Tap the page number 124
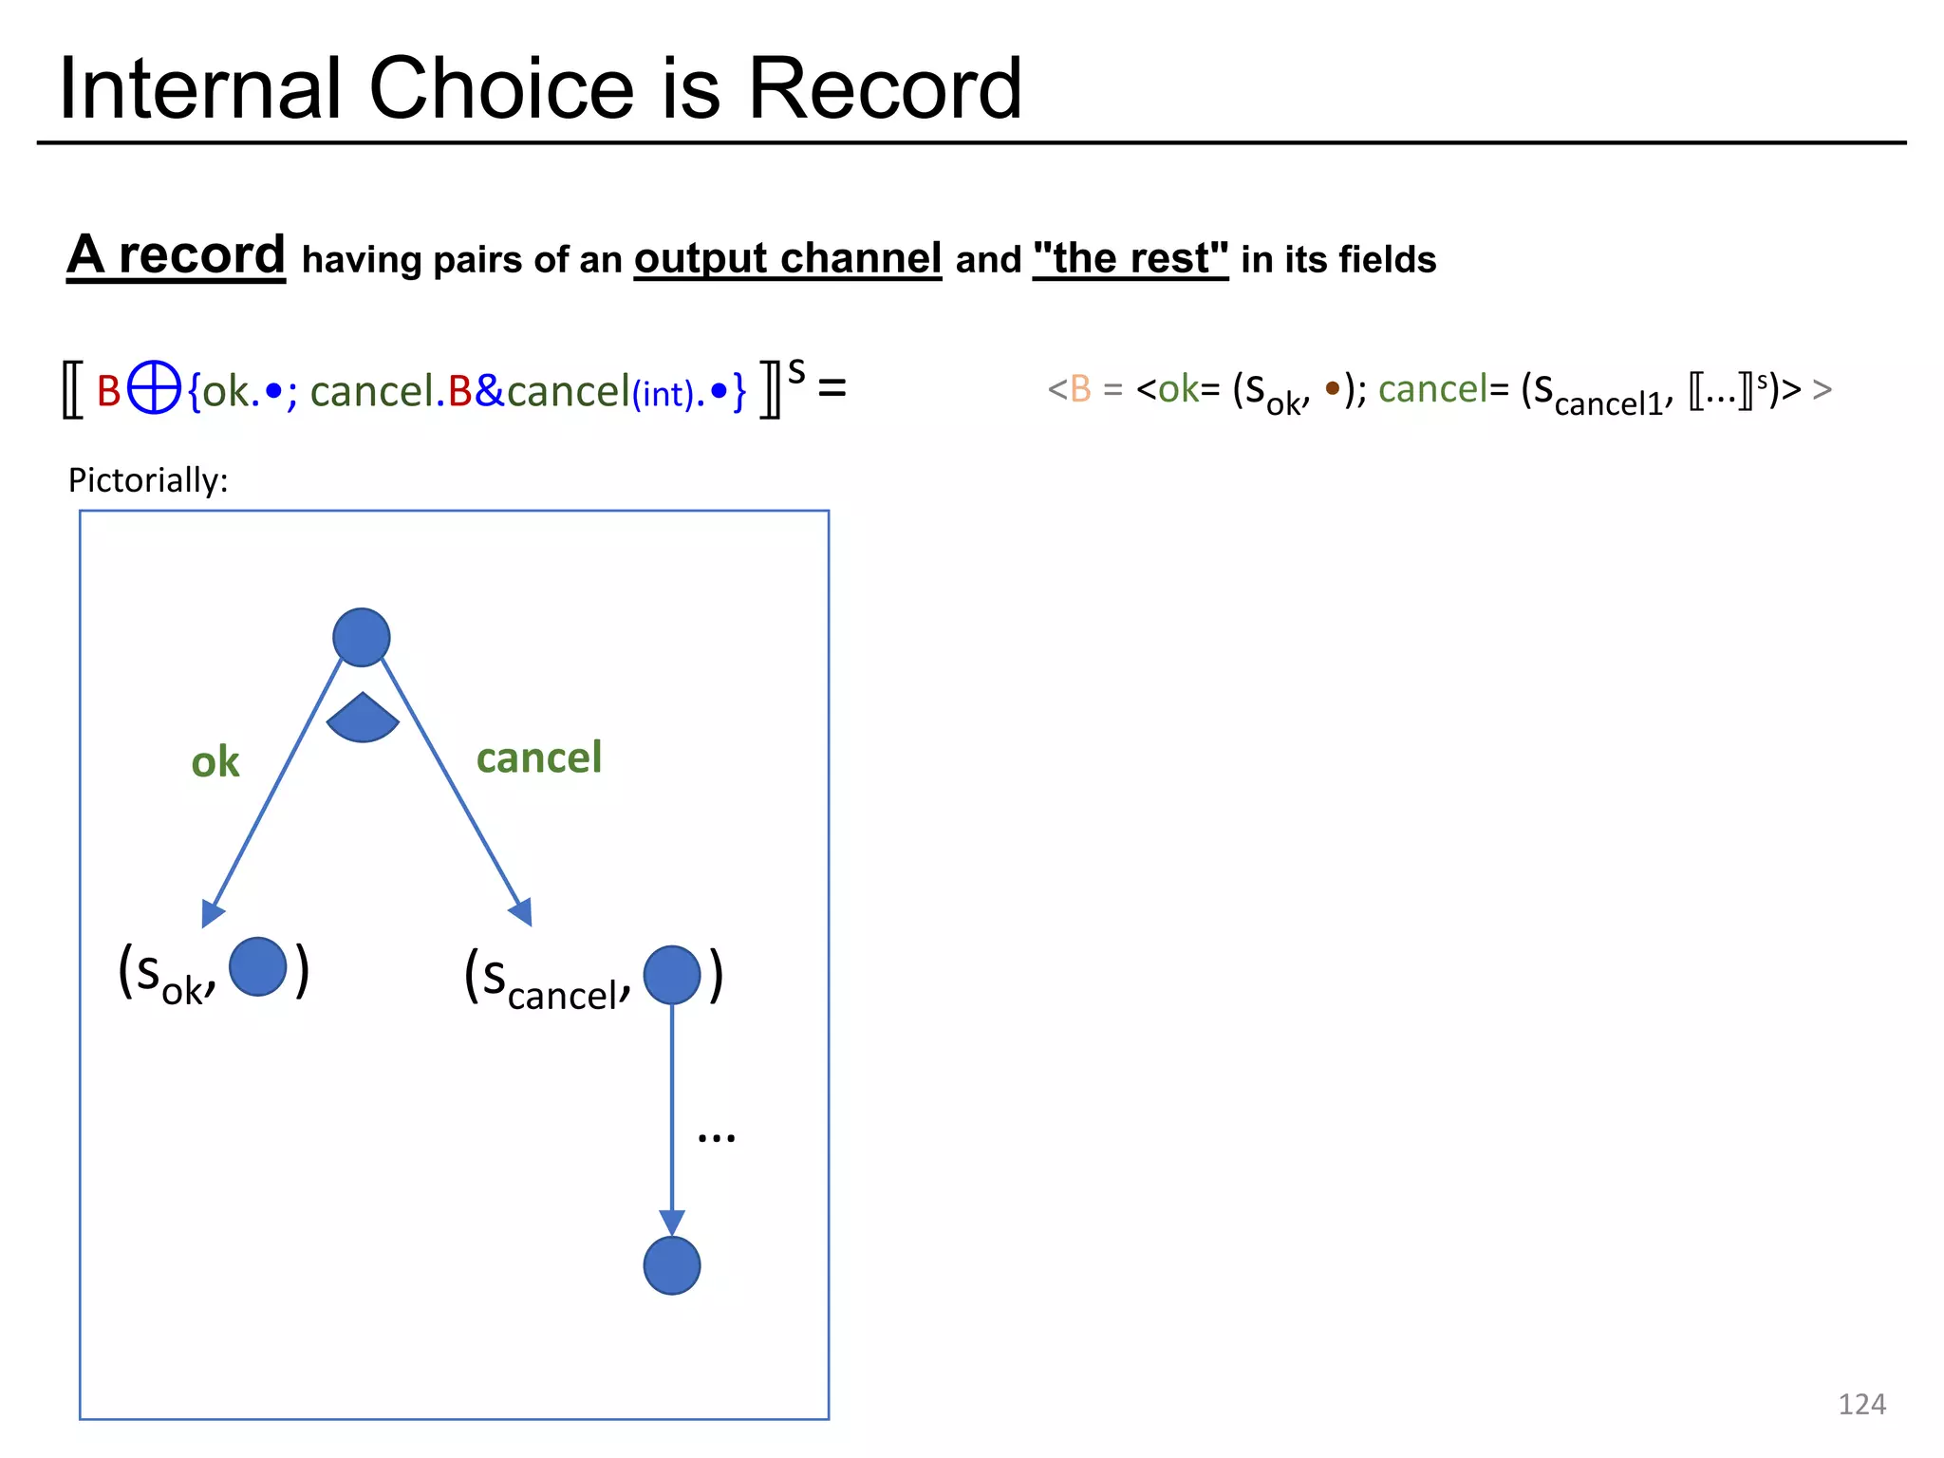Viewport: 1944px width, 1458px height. coord(1861,1404)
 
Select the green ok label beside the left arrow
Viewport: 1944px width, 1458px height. coord(215,762)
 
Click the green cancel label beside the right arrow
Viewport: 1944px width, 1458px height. coord(539,757)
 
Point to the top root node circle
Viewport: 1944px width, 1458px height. coord(362,637)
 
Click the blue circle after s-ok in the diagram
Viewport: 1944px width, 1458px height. coord(258,966)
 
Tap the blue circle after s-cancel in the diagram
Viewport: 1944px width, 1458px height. coord(672,975)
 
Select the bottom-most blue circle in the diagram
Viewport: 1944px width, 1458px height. coord(672,1265)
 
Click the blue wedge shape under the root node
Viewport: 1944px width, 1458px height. coord(363,720)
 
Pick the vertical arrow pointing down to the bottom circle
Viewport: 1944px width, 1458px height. coord(672,1120)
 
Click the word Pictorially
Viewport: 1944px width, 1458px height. coord(148,480)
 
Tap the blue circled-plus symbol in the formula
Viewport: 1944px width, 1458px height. coord(154,388)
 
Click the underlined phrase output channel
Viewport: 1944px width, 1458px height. coord(788,258)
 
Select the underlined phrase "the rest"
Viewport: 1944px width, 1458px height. coord(1131,258)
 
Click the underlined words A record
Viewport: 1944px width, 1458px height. coord(177,255)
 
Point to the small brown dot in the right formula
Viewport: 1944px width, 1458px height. coord(1333,387)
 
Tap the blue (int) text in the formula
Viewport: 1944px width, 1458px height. coord(664,393)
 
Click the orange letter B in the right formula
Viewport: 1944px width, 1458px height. coord(1080,389)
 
